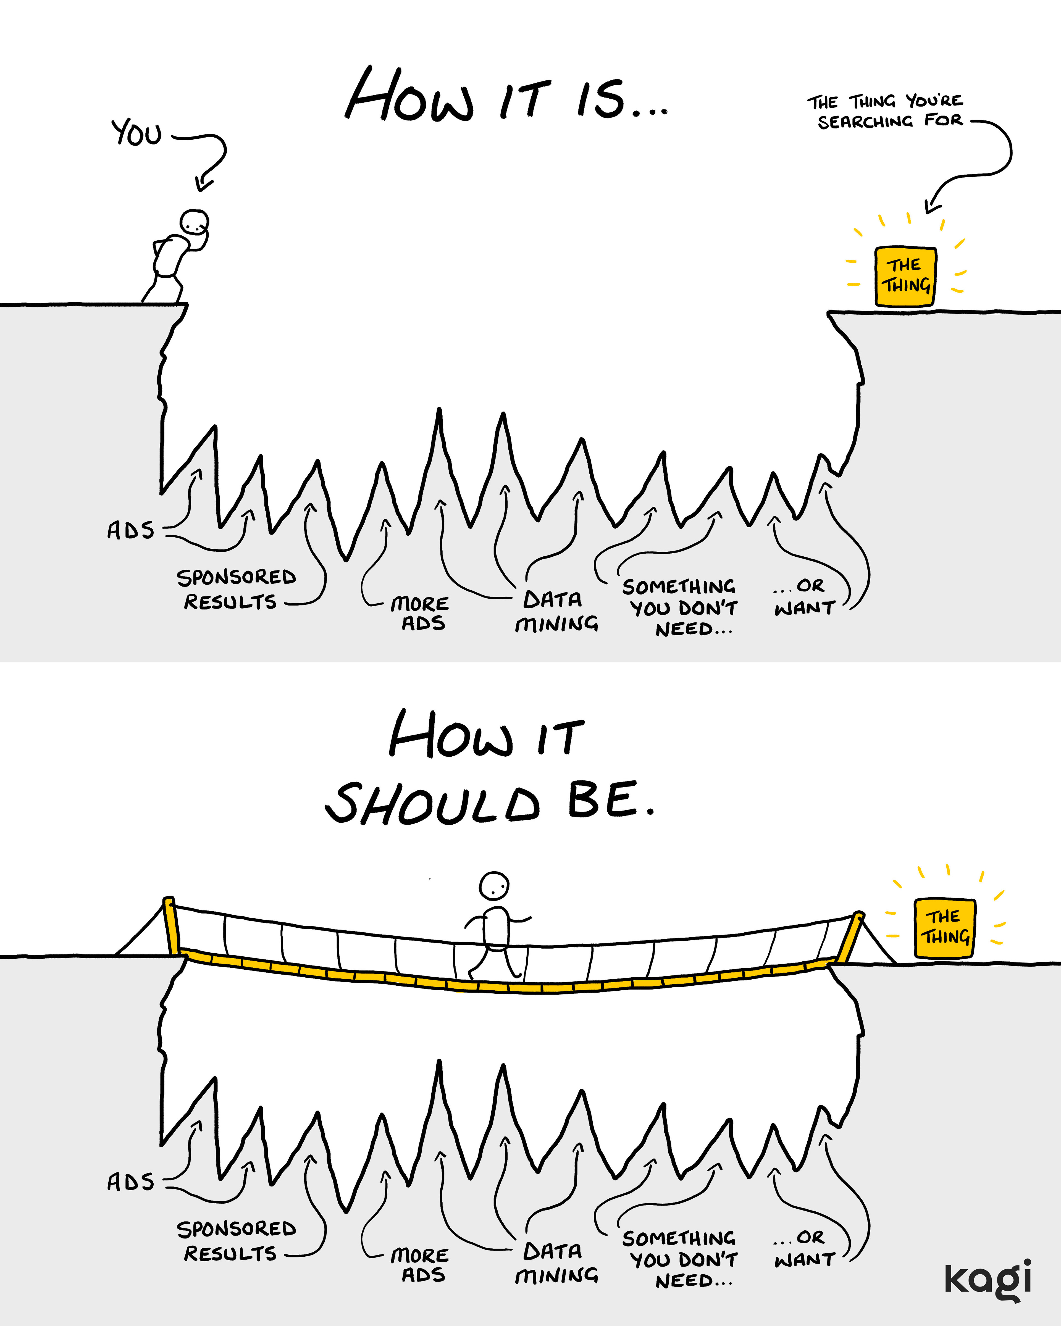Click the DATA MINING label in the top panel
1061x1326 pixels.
pos(555,611)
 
